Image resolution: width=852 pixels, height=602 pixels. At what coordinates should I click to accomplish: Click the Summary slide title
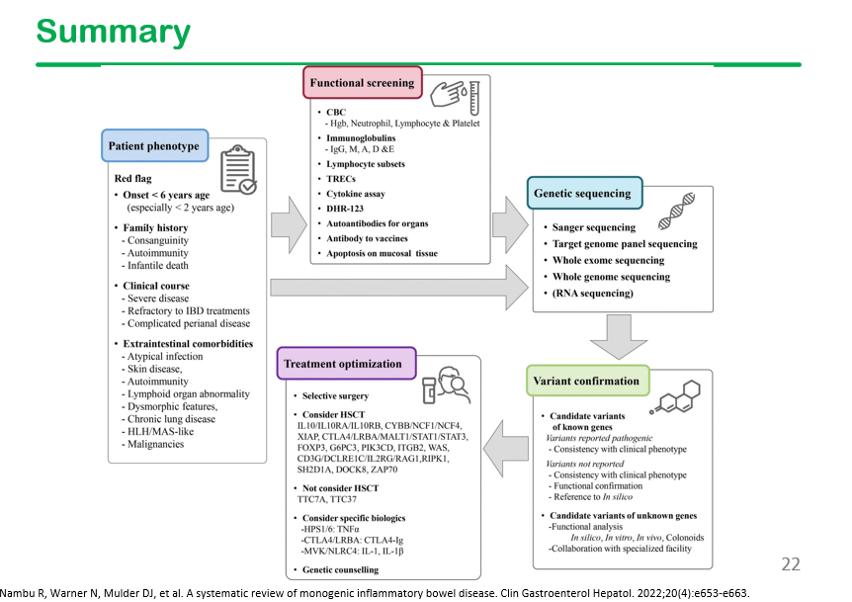pos(114,32)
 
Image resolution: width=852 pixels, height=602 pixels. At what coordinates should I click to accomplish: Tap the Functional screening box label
pos(362,84)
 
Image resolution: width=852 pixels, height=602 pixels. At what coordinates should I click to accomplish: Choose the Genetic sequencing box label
pos(584,193)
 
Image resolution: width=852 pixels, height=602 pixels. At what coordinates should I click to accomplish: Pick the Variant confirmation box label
pos(587,381)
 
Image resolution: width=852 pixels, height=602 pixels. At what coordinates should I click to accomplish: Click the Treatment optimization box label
pos(343,364)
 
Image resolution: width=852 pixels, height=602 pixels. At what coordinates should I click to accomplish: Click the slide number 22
pos(791,564)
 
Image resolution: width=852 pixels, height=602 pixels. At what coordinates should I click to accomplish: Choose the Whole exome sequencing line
pos(609,261)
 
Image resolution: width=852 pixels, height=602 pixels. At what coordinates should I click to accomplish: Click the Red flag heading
pos(133,178)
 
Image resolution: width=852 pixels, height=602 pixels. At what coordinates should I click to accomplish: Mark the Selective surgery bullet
pos(338,394)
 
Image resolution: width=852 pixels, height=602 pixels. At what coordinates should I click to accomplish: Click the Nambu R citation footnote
pos(376,593)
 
